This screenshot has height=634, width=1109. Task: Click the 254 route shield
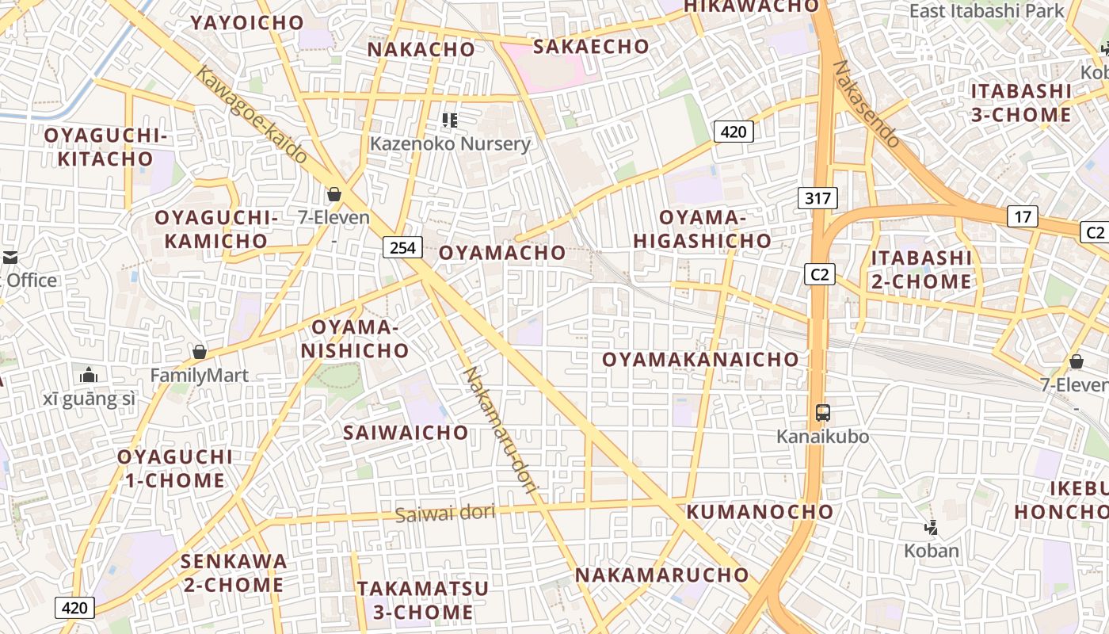tap(402, 247)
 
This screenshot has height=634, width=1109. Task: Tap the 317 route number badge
tap(817, 198)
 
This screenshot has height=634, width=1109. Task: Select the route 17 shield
tap(1023, 216)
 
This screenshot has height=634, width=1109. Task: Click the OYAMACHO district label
tap(502, 253)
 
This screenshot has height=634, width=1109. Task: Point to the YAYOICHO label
tap(247, 23)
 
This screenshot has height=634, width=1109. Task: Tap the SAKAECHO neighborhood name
tap(591, 47)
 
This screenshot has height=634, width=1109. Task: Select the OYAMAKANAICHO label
tap(700, 360)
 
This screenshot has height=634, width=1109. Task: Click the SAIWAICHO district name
tap(406, 433)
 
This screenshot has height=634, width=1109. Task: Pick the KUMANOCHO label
tap(760, 512)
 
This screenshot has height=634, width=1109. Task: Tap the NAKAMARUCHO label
tap(661, 575)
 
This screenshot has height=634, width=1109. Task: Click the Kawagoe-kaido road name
tap(251, 115)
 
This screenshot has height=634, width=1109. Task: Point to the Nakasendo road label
tap(868, 104)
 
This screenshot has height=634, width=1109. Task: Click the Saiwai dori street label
tap(445, 514)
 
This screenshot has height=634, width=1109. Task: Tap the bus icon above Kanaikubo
tap(823, 413)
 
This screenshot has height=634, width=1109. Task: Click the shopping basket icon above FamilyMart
tap(200, 352)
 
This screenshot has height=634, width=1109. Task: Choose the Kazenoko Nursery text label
tap(450, 144)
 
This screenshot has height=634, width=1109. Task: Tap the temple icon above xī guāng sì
tap(89, 374)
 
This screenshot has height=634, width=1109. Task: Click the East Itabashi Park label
tap(987, 11)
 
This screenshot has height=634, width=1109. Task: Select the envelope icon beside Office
tap(10, 258)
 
